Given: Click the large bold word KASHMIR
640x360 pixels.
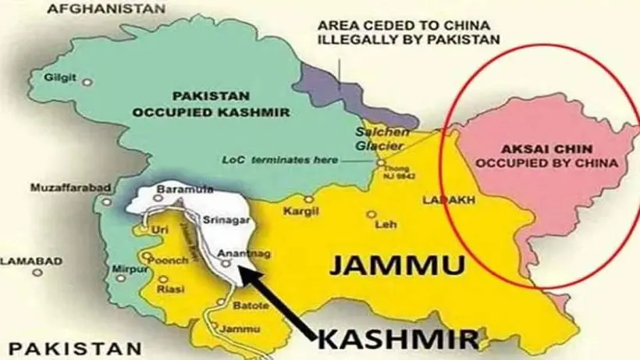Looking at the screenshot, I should pyautogui.click(x=397, y=339).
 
